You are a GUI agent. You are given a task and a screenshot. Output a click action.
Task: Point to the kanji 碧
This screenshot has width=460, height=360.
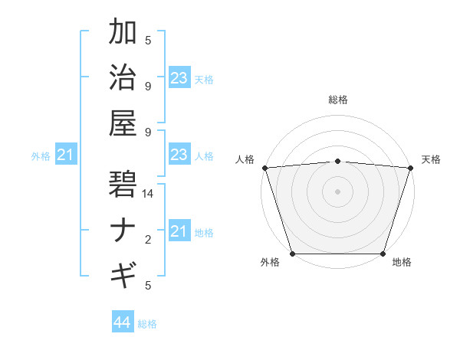[x=123, y=185]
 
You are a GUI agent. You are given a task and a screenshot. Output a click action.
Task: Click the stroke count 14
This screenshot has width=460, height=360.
[x=148, y=195]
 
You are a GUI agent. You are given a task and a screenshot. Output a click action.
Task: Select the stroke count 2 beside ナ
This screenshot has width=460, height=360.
[x=148, y=240]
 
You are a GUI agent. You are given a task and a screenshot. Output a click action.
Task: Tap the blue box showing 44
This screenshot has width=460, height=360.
[x=123, y=322]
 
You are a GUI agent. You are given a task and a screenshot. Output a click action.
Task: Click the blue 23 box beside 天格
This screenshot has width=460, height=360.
[x=179, y=78]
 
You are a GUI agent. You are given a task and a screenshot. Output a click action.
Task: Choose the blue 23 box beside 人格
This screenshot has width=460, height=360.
[x=179, y=155]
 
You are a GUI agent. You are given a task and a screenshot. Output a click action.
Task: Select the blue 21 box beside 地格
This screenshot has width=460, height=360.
[x=179, y=231]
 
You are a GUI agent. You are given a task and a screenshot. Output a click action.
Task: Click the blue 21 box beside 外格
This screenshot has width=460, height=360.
[x=65, y=155]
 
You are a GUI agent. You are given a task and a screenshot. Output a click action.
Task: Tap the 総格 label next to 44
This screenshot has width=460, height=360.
[x=147, y=324]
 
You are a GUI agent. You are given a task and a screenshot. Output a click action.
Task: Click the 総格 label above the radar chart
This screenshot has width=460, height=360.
[x=337, y=100]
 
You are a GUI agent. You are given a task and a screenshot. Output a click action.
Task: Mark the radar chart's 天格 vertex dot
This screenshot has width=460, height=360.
[x=410, y=168]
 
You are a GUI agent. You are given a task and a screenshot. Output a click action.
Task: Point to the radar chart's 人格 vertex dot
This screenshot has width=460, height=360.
[x=265, y=168]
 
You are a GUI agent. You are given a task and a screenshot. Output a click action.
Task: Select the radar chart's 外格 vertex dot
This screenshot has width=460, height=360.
[x=293, y=254]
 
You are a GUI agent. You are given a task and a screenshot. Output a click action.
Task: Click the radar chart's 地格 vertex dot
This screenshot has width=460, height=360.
[x=383, y=254]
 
